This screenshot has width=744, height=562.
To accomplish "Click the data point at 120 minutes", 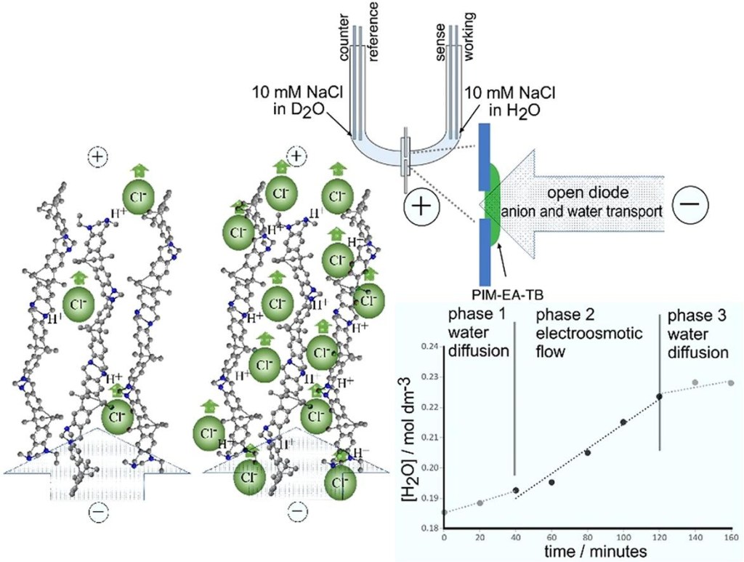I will point(659,396).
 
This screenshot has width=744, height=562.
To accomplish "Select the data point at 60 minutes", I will point(551,482).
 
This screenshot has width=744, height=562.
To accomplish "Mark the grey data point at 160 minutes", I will point(730,382).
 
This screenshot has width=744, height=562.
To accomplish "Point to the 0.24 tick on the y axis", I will point(431,347).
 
